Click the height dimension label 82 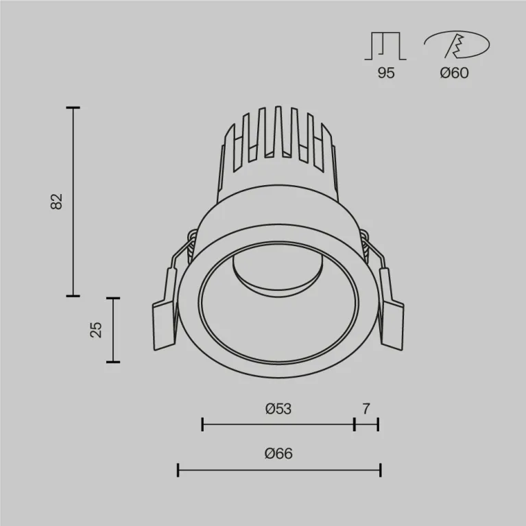click(x=57, y=201)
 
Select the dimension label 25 click(x=96, y=329)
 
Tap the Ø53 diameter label click(x=278, y=409)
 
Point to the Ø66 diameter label click(x=278, y=453)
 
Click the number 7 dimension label click(x=366, y=409)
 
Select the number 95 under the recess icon click(x=386, y=73)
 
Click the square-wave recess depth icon click(x=386, y=46)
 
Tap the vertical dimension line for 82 click(x=73, y=201)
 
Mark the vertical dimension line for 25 click(x=113, y=329)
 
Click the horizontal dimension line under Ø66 click(x=278, y=470)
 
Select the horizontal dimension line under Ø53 click(x=278, y=425)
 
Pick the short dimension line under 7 click(x=366, y=425)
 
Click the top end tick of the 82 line click(x=73, y=108)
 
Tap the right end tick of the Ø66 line click(x=380, y=470)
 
